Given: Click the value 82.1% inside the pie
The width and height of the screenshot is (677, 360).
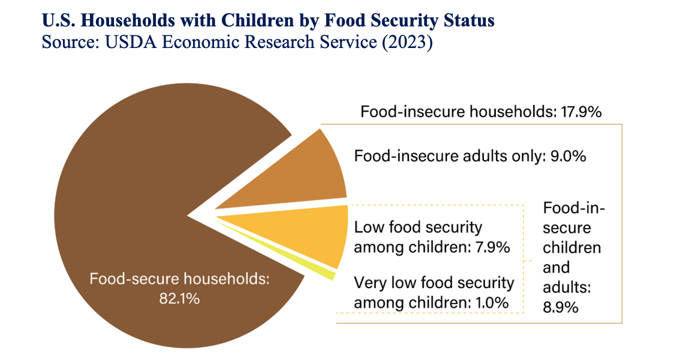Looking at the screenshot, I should (x=180, y=298).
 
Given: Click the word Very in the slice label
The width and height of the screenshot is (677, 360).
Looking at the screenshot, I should (x=370, y=283).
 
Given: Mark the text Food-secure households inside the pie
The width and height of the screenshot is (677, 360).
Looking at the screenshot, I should (x=180, y=279).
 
